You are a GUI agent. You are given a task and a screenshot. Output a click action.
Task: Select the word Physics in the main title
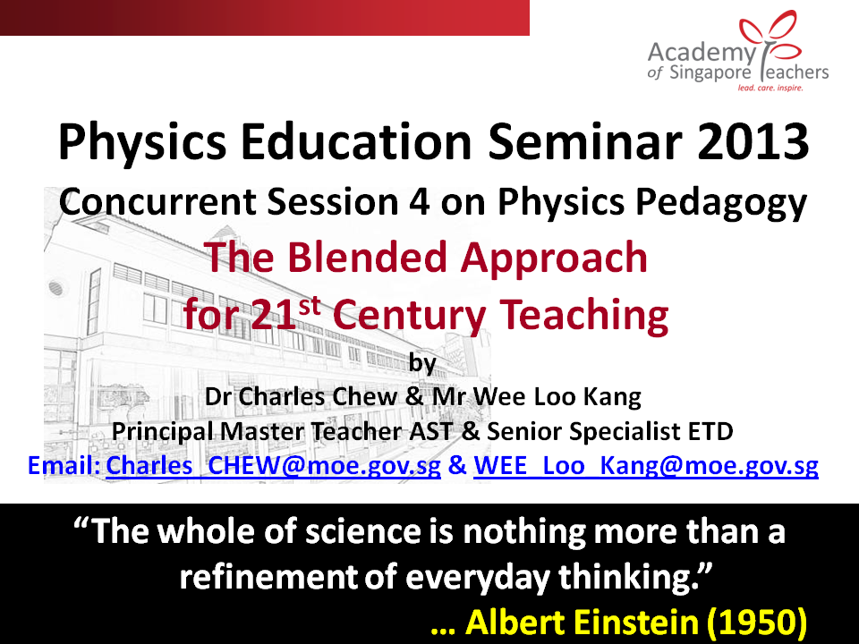click(142, 143)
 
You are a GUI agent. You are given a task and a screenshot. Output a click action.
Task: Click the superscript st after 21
click(310, 306)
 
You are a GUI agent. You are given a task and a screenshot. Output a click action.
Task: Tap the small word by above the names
click(422, 364)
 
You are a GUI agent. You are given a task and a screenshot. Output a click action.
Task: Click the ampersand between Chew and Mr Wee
click(414, 397)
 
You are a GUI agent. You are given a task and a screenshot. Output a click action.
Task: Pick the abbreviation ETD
click(711, 431)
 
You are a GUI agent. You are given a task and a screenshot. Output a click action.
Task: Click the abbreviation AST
click(430, 431)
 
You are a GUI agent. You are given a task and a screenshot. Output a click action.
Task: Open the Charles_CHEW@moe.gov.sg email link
click(273, 466)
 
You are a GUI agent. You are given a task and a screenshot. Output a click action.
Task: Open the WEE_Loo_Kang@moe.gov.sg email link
click(646, 466)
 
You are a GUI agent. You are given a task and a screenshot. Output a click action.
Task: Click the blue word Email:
click(64, 465)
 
